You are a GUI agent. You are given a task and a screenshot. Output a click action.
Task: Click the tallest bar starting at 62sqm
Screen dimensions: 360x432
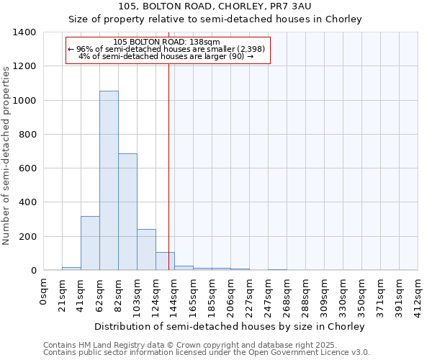coord(109,181)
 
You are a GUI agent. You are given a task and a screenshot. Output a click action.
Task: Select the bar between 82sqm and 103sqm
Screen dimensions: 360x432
coord(127,212)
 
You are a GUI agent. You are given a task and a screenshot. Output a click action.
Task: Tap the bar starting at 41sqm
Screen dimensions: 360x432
coord(90,243)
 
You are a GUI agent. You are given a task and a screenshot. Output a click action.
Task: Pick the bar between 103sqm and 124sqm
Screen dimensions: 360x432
coord(146,250)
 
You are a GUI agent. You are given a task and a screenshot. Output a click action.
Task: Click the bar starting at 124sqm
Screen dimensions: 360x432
coord(165,261)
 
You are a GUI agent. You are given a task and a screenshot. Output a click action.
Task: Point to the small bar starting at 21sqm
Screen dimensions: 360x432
coord(71,269)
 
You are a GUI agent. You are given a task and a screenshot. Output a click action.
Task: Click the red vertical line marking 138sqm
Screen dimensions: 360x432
coord(168,166)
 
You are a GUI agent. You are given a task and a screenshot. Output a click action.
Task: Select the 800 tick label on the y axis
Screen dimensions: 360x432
coord(27,135)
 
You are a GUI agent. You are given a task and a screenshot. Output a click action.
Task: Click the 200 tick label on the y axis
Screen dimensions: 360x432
coord(27,236)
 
